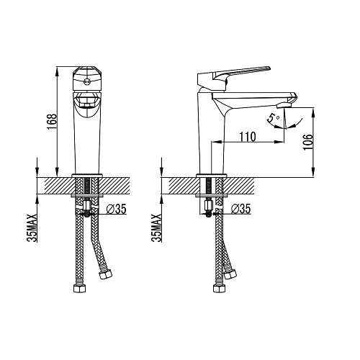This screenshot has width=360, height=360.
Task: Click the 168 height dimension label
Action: pos(52,122)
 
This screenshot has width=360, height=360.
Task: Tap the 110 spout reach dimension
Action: pos(248,137)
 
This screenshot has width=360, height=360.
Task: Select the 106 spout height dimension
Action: pos(308,142)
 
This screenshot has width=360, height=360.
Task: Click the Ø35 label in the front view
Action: pos(116,209)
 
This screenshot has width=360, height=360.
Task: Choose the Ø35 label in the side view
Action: pos(240,209)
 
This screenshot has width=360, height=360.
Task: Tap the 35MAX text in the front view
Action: pos(32,228)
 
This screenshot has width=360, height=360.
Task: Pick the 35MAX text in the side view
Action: pos(156,228)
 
